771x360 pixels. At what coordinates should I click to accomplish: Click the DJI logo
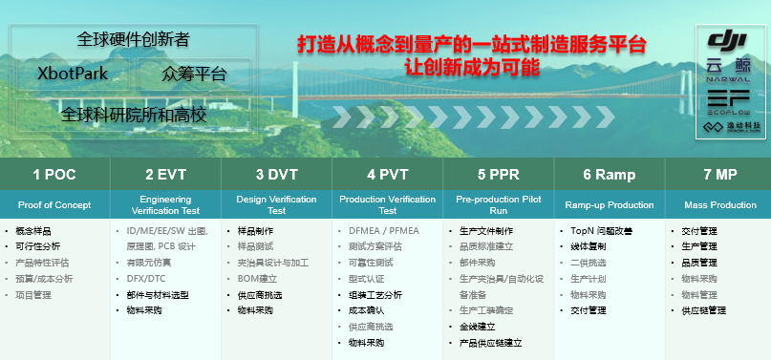click(x=728, y=41)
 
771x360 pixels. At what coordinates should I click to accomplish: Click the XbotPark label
click(x=73, y=74)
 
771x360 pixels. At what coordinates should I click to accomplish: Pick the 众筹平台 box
click(x=194, y=74)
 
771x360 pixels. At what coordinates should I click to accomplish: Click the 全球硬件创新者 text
click(x=134, y=39)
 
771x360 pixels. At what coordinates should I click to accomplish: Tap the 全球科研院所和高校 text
click(x=134, y=114)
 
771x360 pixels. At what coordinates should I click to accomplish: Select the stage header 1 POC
click(x=54, y=175)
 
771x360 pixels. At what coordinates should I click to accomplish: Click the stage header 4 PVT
click(x=387, y=175)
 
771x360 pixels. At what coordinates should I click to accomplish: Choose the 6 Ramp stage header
click(x=609, y=175)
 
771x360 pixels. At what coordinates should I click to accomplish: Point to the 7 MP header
click(x=719, y=175)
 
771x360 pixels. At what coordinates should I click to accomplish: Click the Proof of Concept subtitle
click(x=54, y=205)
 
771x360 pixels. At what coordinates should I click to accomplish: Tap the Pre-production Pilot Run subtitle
click(x=498, y=205)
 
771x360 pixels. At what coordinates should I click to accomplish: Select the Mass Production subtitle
click(x=719, y=205)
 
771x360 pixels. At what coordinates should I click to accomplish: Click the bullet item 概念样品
click(x=33, y=231)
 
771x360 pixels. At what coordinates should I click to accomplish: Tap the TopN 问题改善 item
click(x=596, y=231)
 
